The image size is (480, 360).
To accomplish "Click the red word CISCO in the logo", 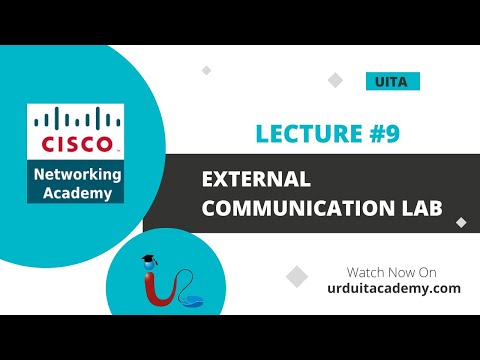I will pyautogui.click(x=75, y=143).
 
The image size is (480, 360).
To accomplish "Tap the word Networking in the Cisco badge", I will pyautogui.click(x=76, y=175).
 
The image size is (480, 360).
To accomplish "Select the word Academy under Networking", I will pyautogui.click(x=76, y=193).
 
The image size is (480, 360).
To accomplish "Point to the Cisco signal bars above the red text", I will pyautogui.click(x=75, y=121).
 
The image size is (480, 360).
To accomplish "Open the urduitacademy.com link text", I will pyautogui.click(x=393, y=288).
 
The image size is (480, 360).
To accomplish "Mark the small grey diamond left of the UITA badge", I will pyautogui.click(x=207, y=70).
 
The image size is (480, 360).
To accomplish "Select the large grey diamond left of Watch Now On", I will pyautogui.click(x=296, y=275).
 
